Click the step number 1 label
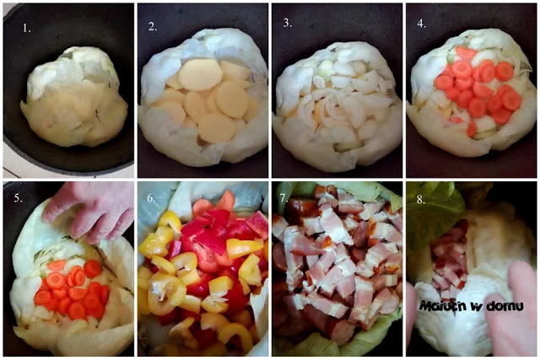click(26, 28)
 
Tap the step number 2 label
click(153, 26)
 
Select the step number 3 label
click(287, 23)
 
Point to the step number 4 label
click(421, 24)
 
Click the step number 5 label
click(19, 198)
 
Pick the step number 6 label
click(152, 198)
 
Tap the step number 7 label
click(283, 198)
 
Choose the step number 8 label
click(421, 200)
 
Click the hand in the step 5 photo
click(89, 211)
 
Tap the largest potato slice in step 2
click(200, 75)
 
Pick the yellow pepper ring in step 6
click(163, 295)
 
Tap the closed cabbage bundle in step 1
click(74, 97)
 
